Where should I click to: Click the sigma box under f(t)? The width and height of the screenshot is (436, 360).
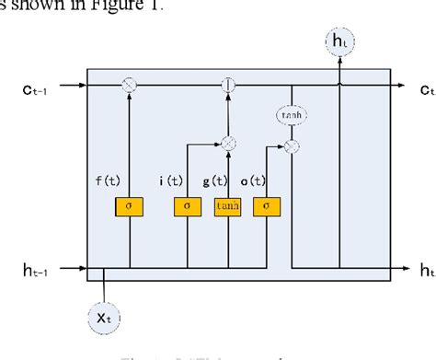[129, 207]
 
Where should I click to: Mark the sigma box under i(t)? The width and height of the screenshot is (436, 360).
[188, 207]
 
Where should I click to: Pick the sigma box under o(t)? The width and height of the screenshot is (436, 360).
[267, 207]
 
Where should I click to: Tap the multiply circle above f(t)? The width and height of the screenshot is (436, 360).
[129, 87]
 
